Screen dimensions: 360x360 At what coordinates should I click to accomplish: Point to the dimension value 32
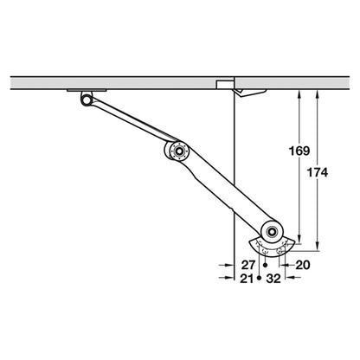click(x=273, y=279)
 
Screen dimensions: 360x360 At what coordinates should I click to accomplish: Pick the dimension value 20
click(x=304, y=265)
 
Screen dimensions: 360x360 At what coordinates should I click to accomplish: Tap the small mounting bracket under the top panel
click(x=87, y=91)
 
